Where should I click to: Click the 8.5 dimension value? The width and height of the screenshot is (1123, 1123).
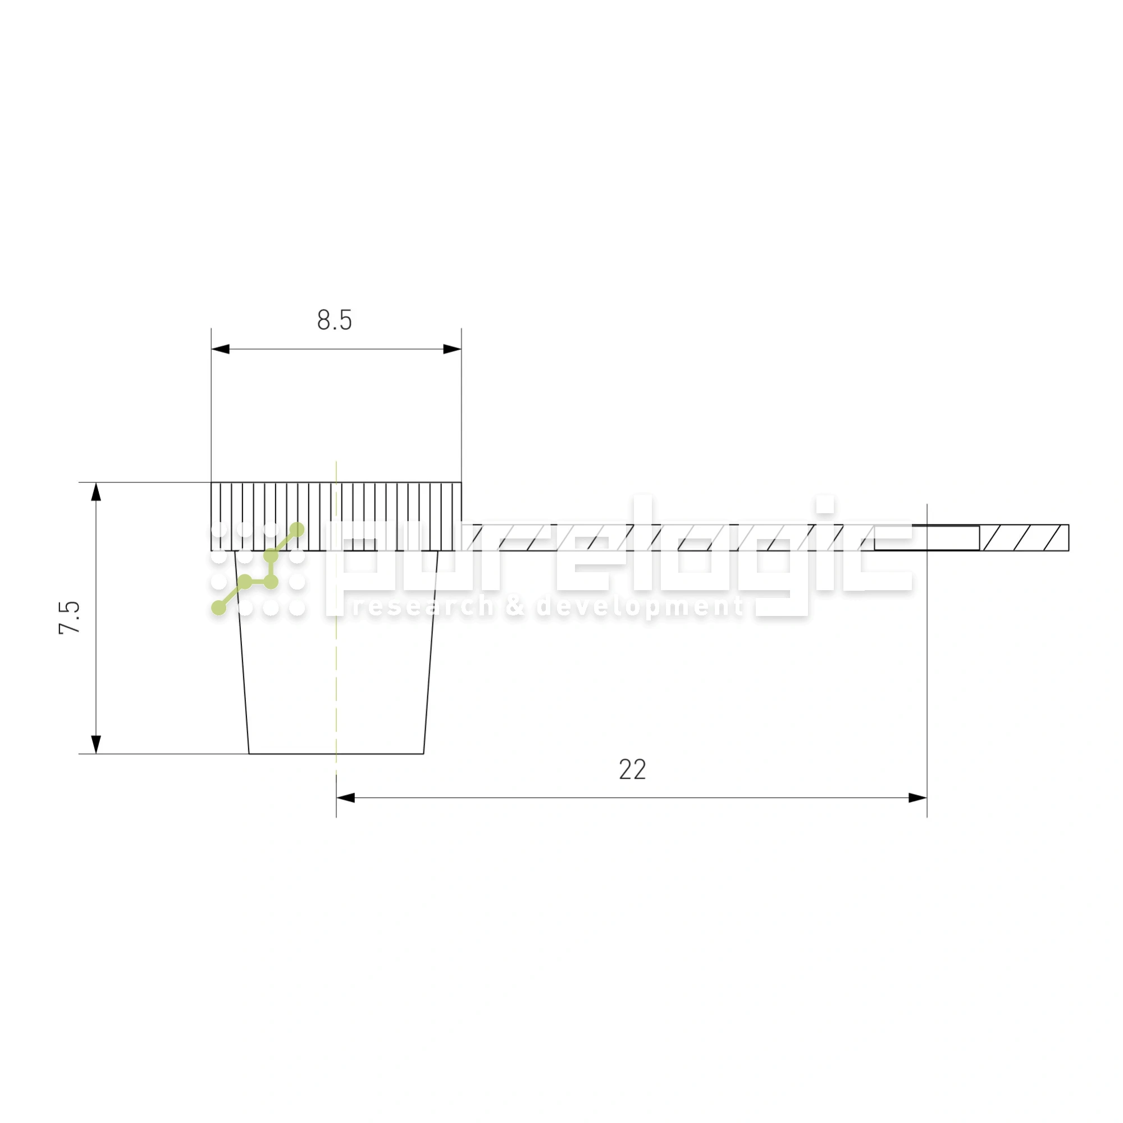(x=334, y=320)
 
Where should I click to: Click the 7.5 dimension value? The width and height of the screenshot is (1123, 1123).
(x=69, y=617)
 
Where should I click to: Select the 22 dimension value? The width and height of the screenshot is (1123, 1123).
(x=632, y=770)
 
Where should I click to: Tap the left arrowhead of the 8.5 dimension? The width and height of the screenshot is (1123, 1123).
(x=220, y=349)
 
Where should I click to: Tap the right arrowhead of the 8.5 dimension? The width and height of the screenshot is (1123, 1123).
(x=452, y=349)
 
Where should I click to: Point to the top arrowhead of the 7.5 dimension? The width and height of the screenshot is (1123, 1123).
(x=97, y=492)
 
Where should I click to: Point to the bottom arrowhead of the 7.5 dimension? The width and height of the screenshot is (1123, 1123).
(x=97, y=745)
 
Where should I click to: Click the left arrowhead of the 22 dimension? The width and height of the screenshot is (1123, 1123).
(x=345, y=797)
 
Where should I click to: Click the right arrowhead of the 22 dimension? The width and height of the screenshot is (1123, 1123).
(x=918, y=797)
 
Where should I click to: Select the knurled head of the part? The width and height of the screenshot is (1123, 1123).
(x=336, y=516)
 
